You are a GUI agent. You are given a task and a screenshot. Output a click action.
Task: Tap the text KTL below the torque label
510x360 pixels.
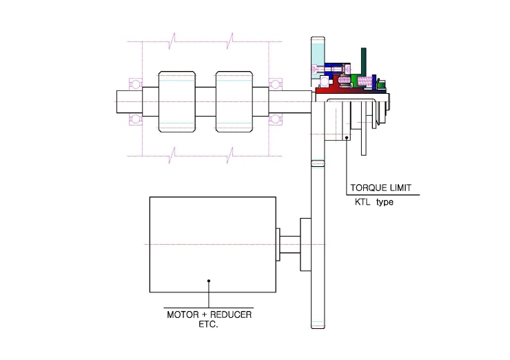(x=363, y=202)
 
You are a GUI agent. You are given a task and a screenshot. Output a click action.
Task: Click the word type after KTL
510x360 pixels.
(x=385, y=203)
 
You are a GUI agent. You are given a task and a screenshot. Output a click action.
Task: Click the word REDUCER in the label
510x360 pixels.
(x=231, y=314)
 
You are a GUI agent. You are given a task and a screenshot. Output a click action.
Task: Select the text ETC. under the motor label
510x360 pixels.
(x=209, y=325)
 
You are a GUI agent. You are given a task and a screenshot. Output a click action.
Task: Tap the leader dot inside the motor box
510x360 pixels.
(x=209, y=281)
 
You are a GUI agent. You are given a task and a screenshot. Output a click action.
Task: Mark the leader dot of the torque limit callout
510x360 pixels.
(x=347, y=138)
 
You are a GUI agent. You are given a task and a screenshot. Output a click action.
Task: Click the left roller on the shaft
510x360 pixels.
(x=177, y=101)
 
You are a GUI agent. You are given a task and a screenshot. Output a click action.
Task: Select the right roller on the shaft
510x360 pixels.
(x=234, y=101)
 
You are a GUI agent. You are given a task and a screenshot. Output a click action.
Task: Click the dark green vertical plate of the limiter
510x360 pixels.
(x=364, y=62)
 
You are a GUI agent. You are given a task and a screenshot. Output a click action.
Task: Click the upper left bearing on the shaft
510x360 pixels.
(x=136, y=84)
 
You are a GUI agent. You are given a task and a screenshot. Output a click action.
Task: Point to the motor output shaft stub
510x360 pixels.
(x=289, y=244)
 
